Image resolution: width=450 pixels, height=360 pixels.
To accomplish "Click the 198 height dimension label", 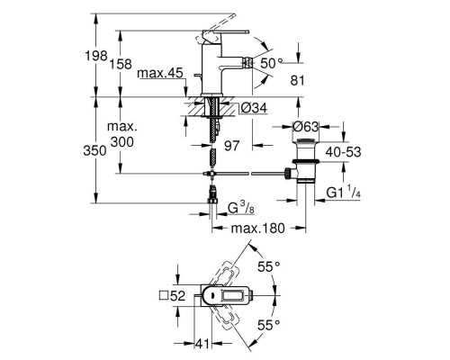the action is pyautogui.click(x=96, y=56).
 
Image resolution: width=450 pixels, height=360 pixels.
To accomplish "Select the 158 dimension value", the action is pyautogui.click(x=121, y=64).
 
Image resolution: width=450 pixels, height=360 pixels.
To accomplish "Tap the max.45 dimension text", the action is pyautogui.click(x=160, y=73).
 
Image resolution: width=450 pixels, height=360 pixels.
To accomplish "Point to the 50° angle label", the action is pyautogui.click(x=271, y=63).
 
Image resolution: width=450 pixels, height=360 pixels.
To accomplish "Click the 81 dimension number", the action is pyautogui.click(x=297, y=80).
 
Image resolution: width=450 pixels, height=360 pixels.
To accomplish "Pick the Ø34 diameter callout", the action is pyautogui.click(x=254, y=108).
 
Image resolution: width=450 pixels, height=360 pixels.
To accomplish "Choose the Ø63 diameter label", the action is pyautogui.click(x=305, y=127).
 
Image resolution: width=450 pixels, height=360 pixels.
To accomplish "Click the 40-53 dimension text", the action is pyautogui.click(x=343, y=152).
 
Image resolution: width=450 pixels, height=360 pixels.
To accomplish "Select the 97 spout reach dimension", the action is pyautogui.click(x=232, y=146).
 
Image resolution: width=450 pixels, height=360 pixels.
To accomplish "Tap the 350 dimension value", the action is pyautogui.click(x=94, y=150).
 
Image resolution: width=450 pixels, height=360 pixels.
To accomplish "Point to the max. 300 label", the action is pyautogui.click(x=122, y=134).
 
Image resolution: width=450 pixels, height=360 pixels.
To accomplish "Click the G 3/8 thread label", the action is pyautogui.click(x=241, y=208).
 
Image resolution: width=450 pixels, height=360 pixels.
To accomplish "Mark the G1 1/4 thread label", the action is pyautogui.click(x=343, y=192).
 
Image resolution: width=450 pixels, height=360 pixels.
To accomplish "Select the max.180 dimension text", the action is pyautogui.click(x=257, y=229).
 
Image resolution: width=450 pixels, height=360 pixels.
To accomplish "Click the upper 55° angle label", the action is pyautogui.click(x=269, y=266).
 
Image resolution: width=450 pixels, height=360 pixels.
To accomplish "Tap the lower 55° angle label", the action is pyautogui.click(x=269, y=325).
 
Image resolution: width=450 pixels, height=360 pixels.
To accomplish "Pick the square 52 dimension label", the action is pyautogui.click(x=172, y=296).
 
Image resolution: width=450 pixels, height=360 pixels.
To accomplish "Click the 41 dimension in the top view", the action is pyautogui.click(x=202, y=344).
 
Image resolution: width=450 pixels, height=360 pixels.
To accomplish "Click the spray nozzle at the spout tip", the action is pyautogui.click(x=247, y=62).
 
